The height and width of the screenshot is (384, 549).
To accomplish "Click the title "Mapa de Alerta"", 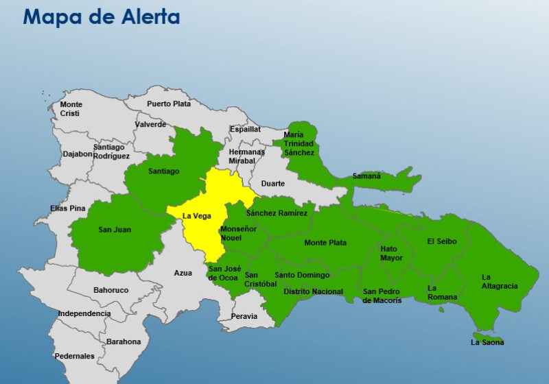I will (102, 16).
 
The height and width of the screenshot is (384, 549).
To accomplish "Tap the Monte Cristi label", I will (71, 109).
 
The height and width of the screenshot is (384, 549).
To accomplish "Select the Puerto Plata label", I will (169, 104).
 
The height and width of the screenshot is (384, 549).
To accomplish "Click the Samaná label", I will (366, 176).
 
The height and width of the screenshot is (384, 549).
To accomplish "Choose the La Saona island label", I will (487, 342).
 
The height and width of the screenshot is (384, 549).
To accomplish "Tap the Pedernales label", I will (75, 356).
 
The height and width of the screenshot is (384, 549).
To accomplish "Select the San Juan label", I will (115, 230).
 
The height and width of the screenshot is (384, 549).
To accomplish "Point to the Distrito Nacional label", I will (313, 292).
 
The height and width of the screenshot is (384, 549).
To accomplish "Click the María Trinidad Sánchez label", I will (299, 143).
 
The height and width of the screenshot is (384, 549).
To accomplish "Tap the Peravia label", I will (244, 316).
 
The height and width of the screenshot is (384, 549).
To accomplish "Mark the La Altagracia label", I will (500, 281).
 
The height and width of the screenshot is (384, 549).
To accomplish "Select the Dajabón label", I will (78, 154).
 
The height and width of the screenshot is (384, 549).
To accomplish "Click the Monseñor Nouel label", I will (238, 233).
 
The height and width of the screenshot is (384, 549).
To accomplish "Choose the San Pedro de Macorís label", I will (382, 296).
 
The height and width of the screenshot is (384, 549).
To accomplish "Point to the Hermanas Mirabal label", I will (247, 156).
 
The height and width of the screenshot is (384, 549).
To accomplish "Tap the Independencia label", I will (84, 313).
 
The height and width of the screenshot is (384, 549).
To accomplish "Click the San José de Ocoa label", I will (224, 273).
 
